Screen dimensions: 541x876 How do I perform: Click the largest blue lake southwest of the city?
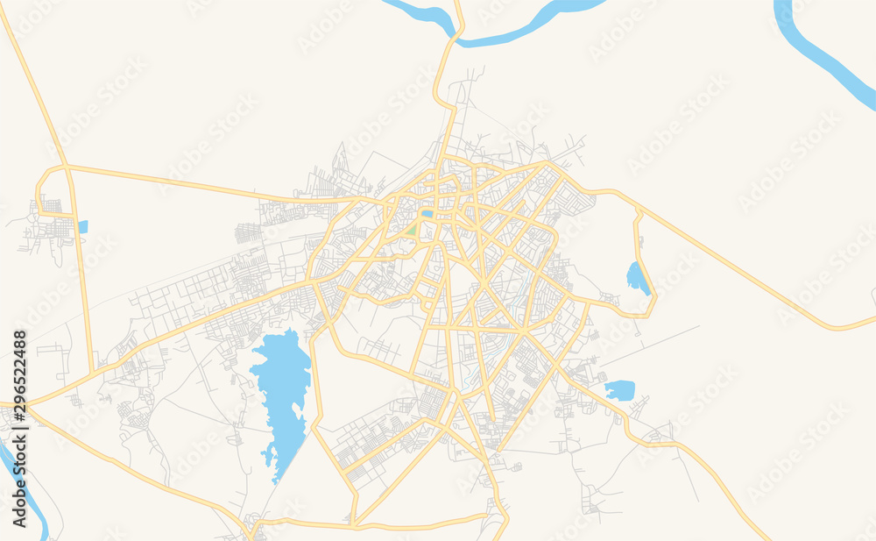coord(280,386)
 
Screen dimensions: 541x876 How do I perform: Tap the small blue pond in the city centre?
coord(427,213)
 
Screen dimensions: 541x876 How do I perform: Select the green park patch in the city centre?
coord(412,230)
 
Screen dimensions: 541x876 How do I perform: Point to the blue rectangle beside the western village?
coord(82,226)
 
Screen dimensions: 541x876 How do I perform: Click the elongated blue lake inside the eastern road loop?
coord(637,278)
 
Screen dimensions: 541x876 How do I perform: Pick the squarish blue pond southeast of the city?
coord(619,390)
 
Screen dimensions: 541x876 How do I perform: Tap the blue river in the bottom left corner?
coord(26,491)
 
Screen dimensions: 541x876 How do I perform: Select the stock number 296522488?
coord(19,369)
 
